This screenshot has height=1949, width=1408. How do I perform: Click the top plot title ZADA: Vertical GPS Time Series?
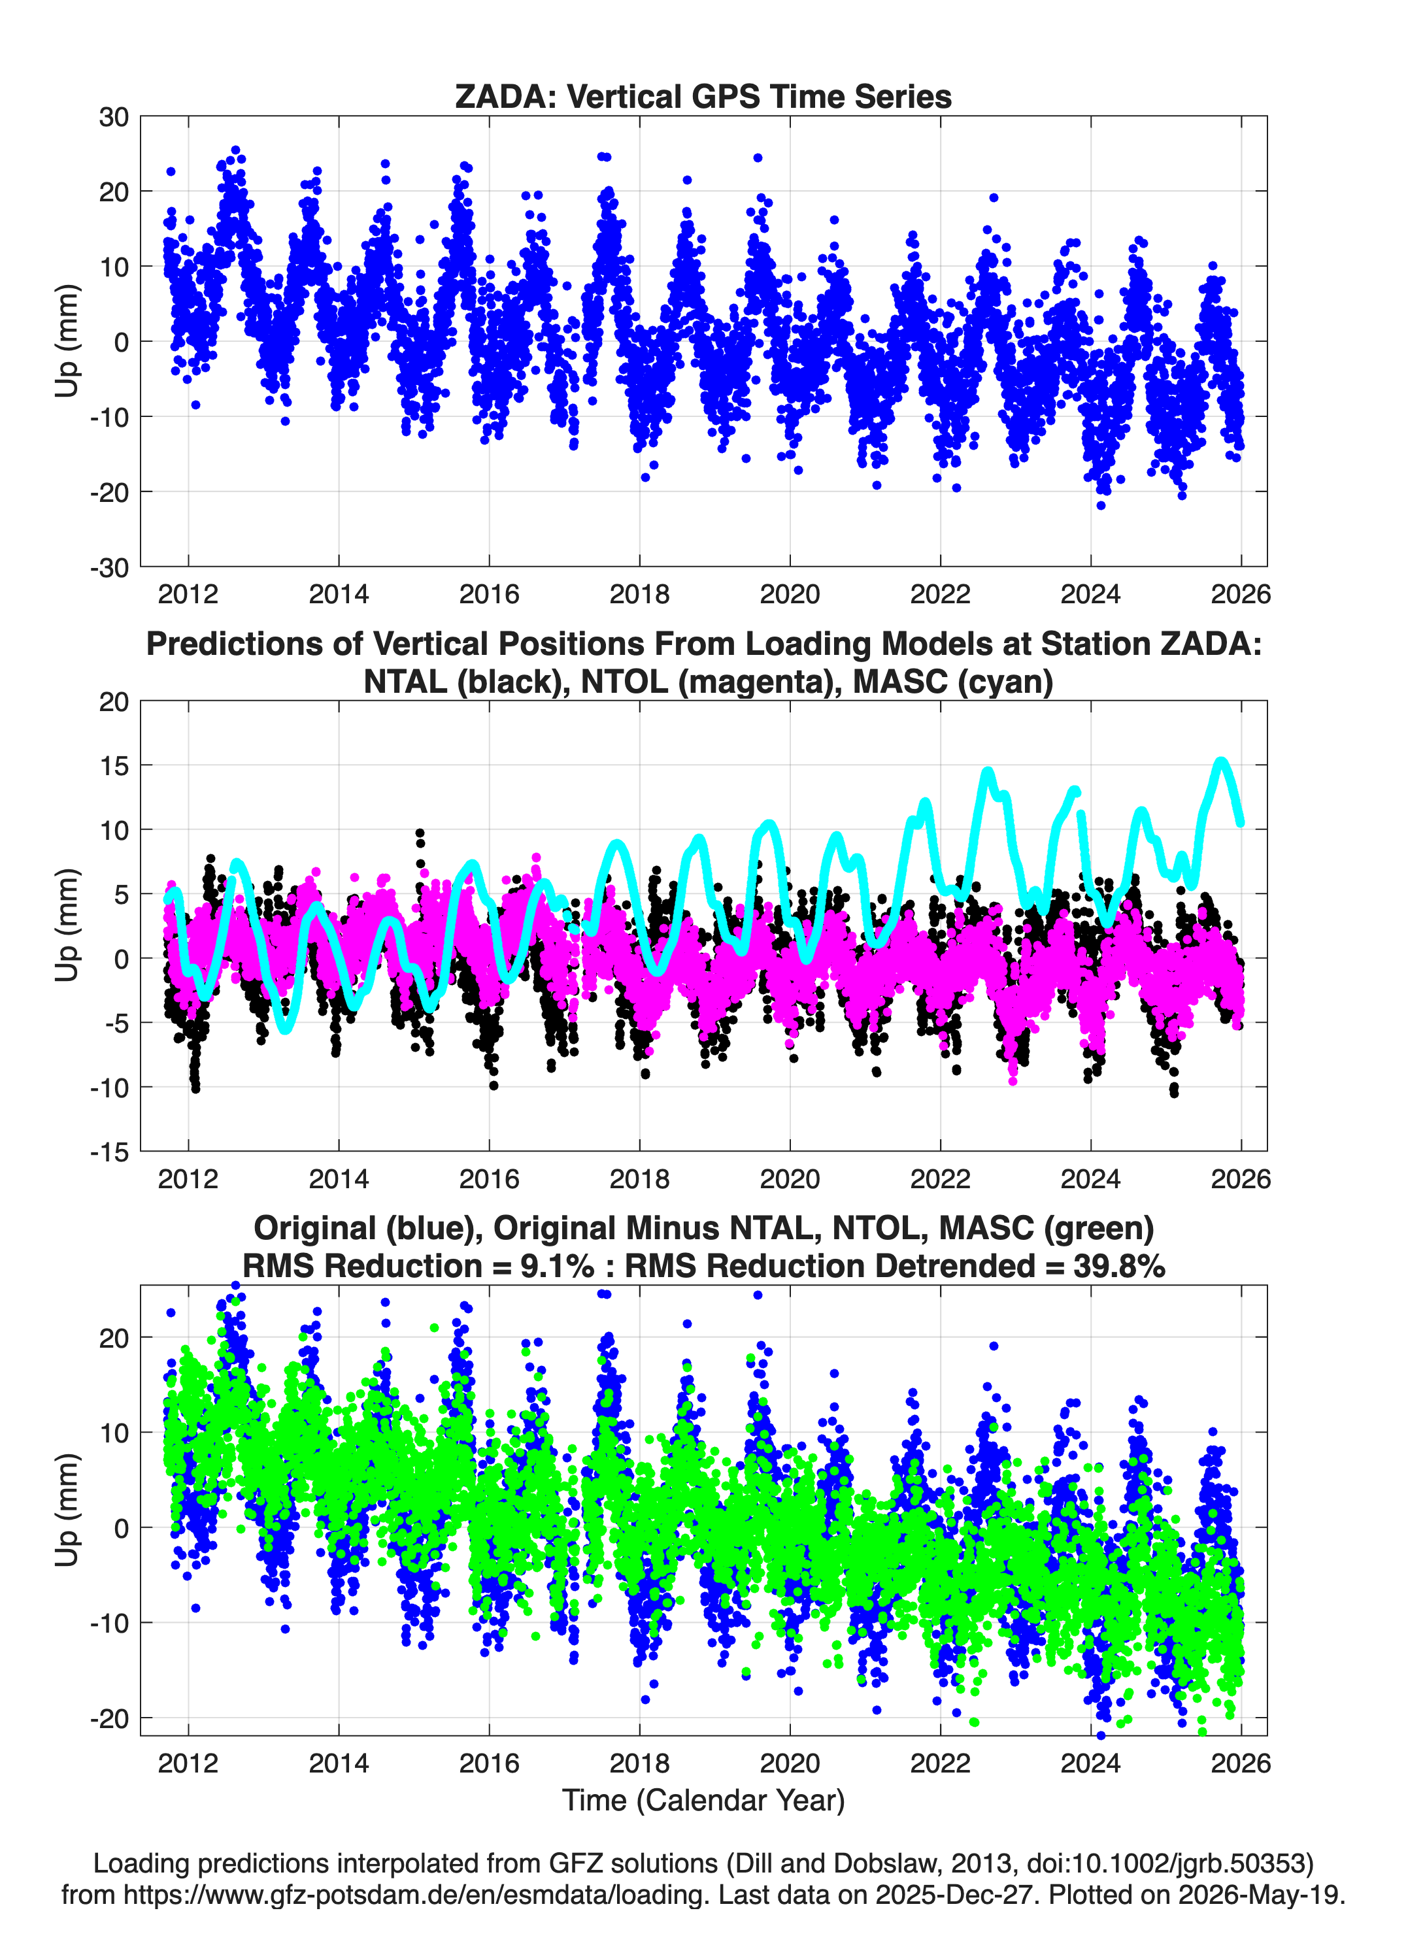point(703,96)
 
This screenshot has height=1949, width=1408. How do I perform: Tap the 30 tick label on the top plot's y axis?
point(114,117)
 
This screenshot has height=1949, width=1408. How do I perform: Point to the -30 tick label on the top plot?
point(109,567)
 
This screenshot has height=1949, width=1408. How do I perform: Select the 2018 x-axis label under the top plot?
point(639,594)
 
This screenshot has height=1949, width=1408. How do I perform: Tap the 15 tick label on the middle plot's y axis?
point(114,766)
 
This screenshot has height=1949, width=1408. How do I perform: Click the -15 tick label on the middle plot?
point(109,1152)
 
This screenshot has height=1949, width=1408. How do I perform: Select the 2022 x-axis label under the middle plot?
point(941,1179)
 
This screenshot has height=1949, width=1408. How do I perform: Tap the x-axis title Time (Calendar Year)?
point(703,1801)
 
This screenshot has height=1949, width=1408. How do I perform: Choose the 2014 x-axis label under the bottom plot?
point(339,1763)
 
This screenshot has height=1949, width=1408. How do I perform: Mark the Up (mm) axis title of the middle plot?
point(67,925)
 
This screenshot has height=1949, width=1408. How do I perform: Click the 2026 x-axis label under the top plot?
point(1241,594)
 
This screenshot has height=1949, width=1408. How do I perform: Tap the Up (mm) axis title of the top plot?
point(67,341)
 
